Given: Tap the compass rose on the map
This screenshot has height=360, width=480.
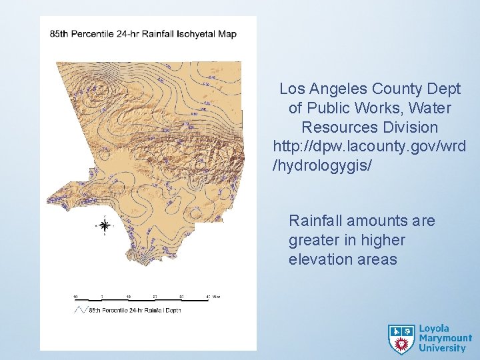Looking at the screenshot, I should click(105, 225).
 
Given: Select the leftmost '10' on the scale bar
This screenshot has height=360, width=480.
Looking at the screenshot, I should click(75, 297).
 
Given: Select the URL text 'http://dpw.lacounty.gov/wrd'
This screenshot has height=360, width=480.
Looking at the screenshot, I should click(369, 145).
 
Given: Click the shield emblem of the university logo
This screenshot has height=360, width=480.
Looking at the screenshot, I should click(401, 339).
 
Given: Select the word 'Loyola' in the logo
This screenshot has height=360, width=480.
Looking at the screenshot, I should click(433, 329).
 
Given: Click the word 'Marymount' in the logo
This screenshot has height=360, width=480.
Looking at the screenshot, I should click(445, 338).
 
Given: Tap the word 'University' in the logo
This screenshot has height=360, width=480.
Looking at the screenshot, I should click(442, 347).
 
